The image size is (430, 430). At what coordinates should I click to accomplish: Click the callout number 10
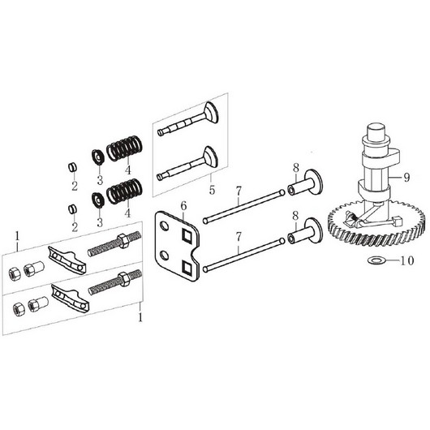(407, 260)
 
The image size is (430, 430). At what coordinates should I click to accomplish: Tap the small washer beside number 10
(376, 260)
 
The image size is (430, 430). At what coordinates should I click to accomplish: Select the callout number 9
(406, 178)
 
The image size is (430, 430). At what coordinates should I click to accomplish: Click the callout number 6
(183, 206)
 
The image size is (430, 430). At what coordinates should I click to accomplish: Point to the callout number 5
(212, 190)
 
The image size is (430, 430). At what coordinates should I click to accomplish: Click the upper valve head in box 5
(212, 112)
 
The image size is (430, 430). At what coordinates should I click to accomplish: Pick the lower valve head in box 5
(210, 157)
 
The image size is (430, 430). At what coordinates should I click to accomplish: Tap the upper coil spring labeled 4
(124, 148)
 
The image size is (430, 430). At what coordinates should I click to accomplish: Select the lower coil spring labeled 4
(124, 191)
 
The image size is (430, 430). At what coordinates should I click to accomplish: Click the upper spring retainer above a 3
(97, 157)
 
